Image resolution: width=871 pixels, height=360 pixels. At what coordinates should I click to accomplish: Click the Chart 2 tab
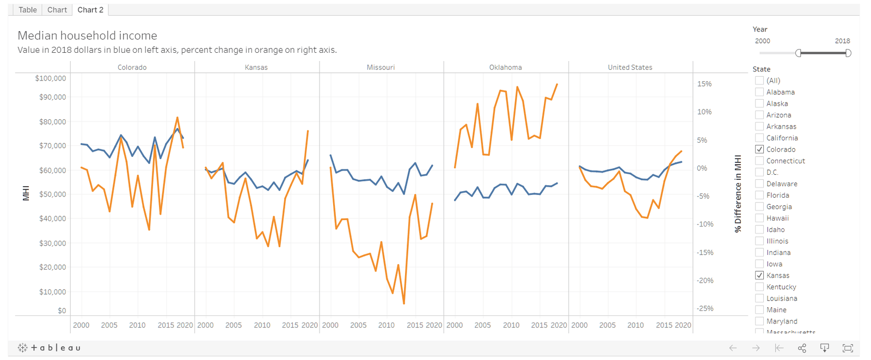[90, 10]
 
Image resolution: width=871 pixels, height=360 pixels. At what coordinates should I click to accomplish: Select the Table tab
[28, 10]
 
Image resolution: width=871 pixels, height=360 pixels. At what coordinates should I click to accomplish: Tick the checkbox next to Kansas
[759, 275]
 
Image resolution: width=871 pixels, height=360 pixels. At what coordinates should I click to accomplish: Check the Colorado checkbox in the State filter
[759, 149]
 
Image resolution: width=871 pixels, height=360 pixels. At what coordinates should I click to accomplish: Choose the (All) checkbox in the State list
[759, 81]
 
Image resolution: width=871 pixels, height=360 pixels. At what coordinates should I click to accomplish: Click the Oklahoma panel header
[506, 68]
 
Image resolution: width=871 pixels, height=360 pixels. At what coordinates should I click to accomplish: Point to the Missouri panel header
[381, 68]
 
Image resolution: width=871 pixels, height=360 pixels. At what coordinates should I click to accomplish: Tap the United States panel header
[630, 68]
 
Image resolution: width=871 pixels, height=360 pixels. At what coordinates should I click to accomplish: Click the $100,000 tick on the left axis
[51, 78]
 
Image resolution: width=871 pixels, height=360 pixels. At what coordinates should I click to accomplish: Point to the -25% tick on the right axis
[705, 309]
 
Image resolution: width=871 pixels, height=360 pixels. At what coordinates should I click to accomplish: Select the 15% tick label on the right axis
[704, 84]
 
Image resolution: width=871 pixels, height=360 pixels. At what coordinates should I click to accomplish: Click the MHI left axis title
[26, 193]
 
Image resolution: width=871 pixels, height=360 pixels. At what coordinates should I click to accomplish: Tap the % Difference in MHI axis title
[738, 194]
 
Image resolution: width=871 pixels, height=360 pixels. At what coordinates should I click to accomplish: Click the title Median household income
[88, 35]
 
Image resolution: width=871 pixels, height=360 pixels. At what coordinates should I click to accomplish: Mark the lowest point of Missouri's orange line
[404, 303]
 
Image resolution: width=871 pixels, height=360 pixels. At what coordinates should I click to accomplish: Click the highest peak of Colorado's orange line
[177, 117]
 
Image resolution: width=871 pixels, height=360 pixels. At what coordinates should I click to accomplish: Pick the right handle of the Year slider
[848, 53]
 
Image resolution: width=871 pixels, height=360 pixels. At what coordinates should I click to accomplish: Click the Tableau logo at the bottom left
[49, 347]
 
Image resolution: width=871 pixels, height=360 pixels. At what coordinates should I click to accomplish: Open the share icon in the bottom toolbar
[802, 348]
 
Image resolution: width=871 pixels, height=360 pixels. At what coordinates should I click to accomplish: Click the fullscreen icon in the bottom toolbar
[848, 348]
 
